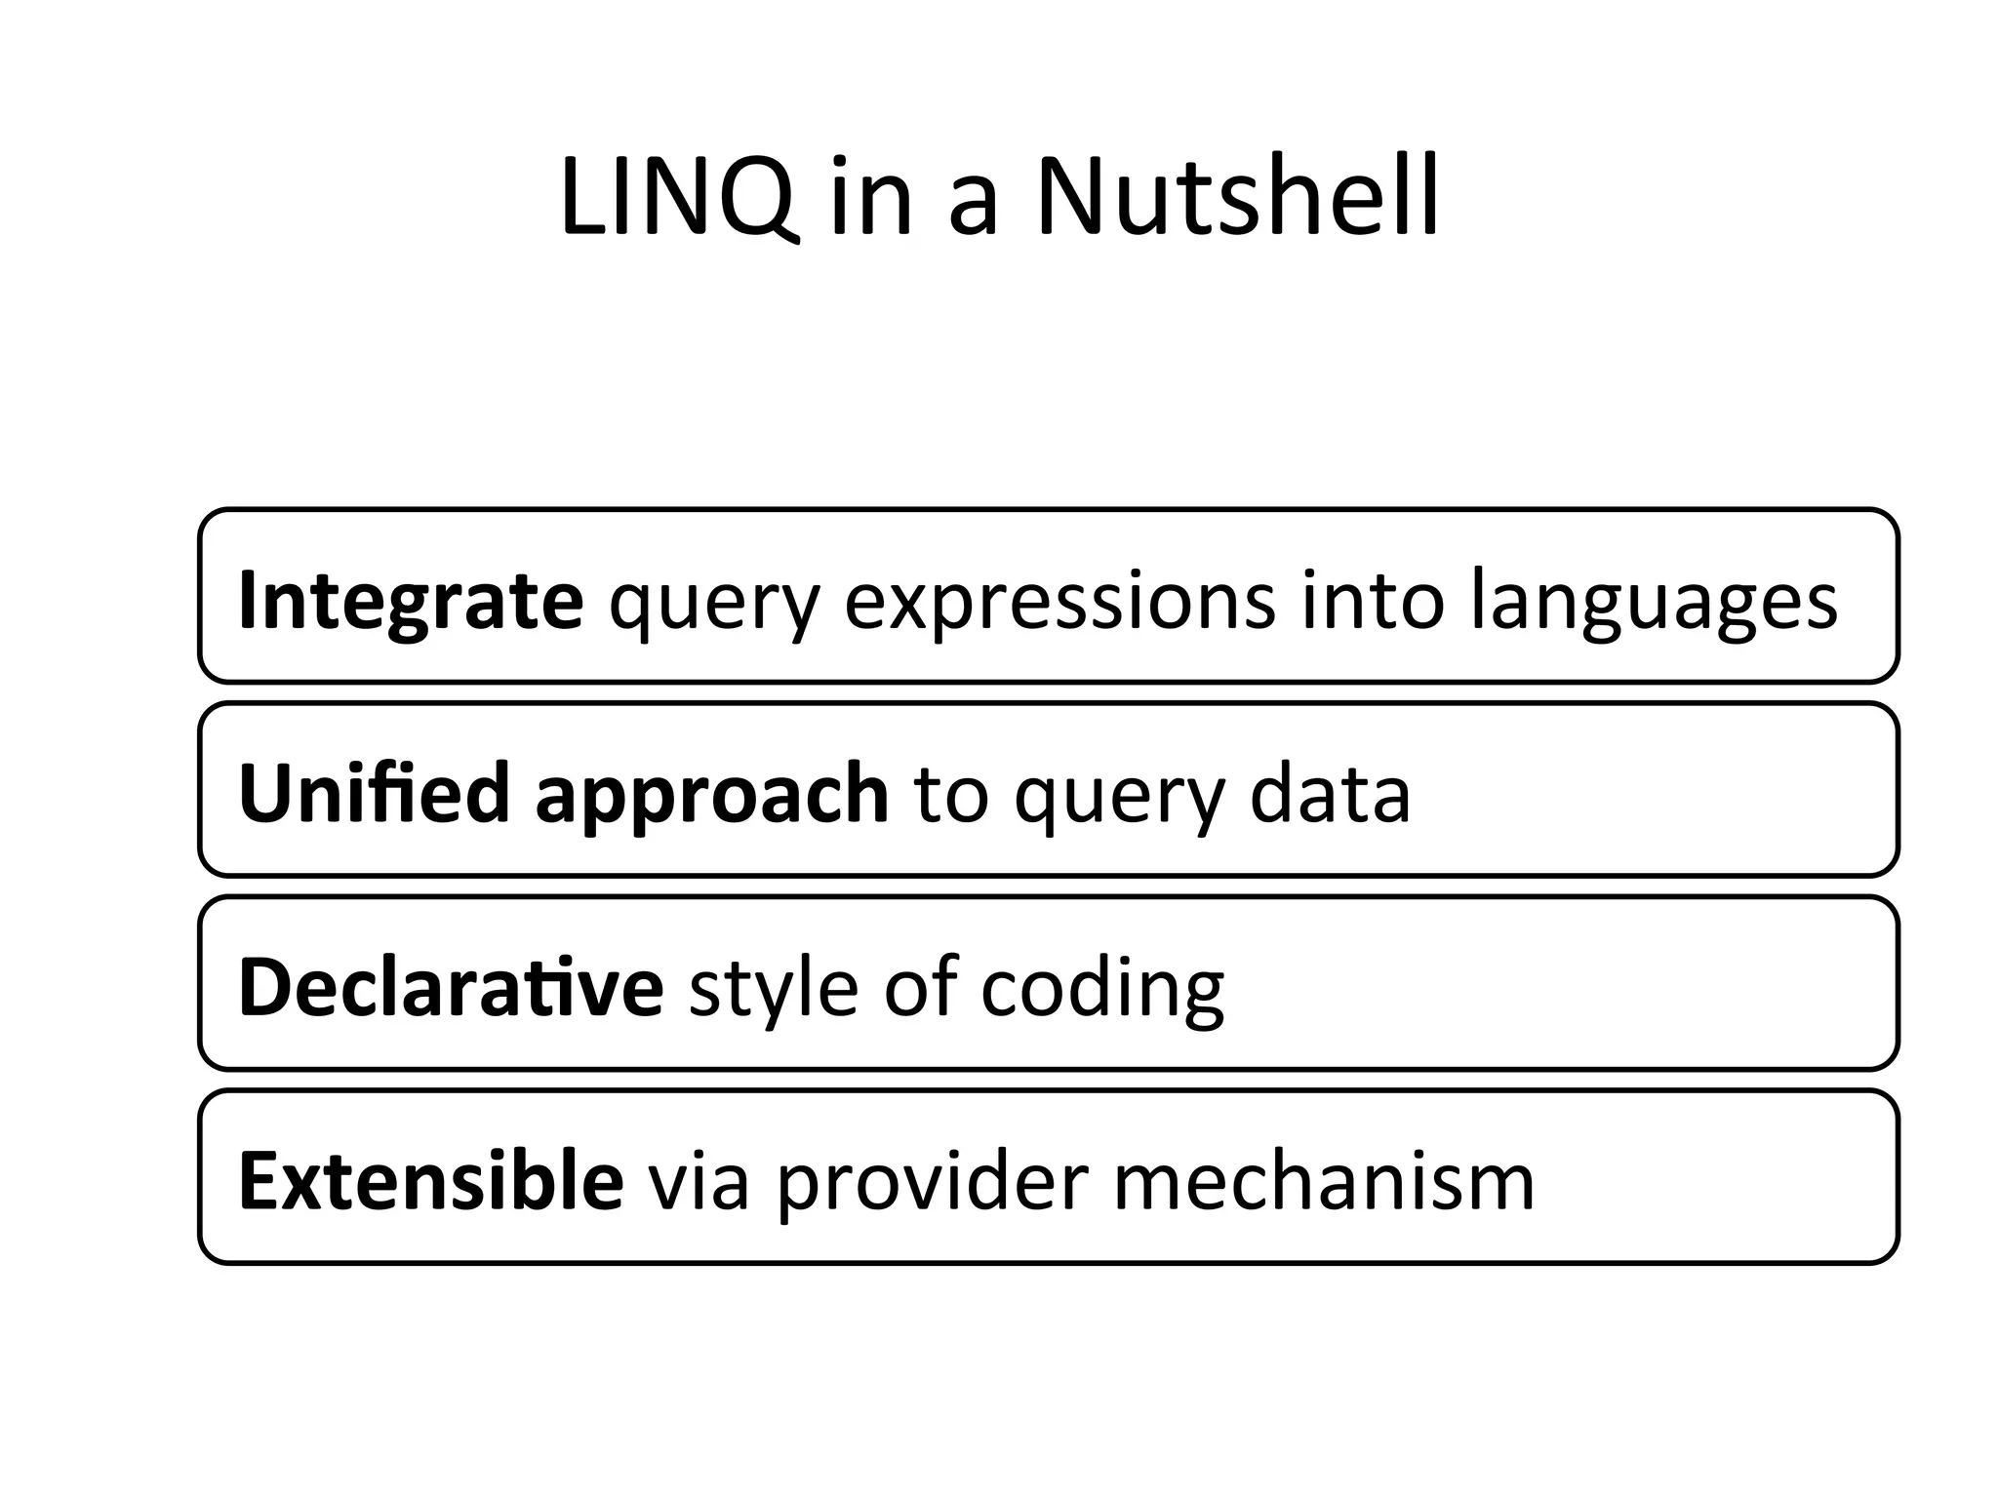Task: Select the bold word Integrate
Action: [x=411, y=600]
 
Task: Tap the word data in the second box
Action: [x=1330, y=793]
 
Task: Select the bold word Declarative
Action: [x=451, y=987]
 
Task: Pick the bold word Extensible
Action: [x=431, y=1180]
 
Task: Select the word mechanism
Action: [x=1324, y=1180]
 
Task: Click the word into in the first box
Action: [x=1372, y=600]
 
